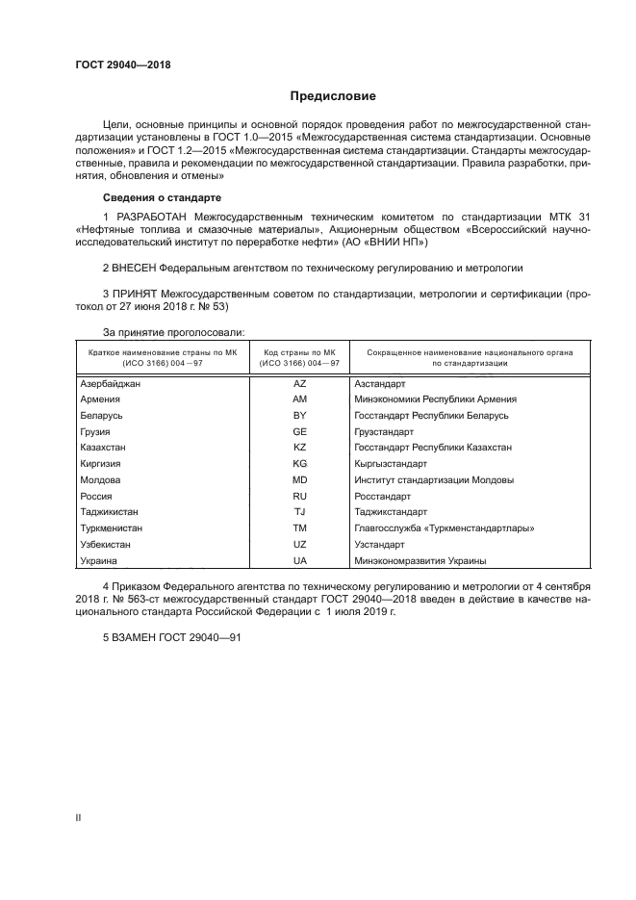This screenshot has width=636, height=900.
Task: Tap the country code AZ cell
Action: [299, 383]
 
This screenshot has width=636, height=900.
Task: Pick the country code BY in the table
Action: [299, 415]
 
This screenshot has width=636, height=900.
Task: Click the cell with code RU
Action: [299, 496]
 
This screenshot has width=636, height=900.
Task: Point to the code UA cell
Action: [299, 560]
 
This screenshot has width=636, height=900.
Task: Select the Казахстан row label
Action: [103, 448]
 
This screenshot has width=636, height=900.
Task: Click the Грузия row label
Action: [95, 431]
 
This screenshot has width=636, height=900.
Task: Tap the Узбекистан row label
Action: [107, 544]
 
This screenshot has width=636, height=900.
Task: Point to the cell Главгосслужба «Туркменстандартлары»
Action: [444, 528]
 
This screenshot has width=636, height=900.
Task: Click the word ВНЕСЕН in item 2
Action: [135, 266]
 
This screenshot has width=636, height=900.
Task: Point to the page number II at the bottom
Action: [78, 818]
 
